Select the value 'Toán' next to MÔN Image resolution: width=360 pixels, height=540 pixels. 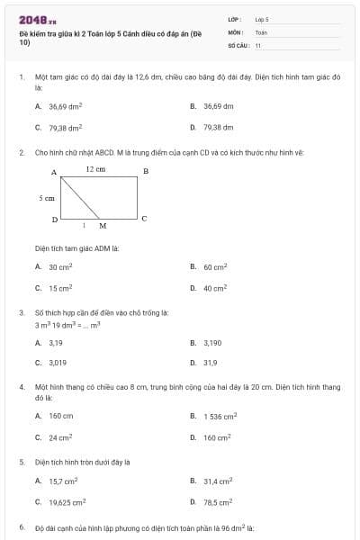click(261, 31)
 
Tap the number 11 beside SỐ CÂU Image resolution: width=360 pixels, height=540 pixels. click(258, 45)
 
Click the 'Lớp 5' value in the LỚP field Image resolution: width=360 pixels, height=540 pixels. click(262, 18)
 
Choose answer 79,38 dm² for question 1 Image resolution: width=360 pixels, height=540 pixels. click(66, 128)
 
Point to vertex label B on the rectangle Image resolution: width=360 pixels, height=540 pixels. click(146, 171)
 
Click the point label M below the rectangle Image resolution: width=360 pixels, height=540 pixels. click(103, 226)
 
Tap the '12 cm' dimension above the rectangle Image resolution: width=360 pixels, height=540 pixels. click(95, 168)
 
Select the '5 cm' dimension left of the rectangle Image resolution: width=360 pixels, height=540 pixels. click(47, 197)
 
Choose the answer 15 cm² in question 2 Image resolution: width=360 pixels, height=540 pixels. click(60, 288)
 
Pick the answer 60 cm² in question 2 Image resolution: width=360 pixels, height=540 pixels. click(215, 267)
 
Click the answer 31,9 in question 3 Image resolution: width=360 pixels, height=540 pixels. click(210, 363)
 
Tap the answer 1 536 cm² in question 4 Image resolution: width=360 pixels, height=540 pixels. click(220, 416)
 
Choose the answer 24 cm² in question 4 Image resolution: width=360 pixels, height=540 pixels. click(60, 437)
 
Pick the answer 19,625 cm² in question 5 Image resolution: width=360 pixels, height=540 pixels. click(67, 501)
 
